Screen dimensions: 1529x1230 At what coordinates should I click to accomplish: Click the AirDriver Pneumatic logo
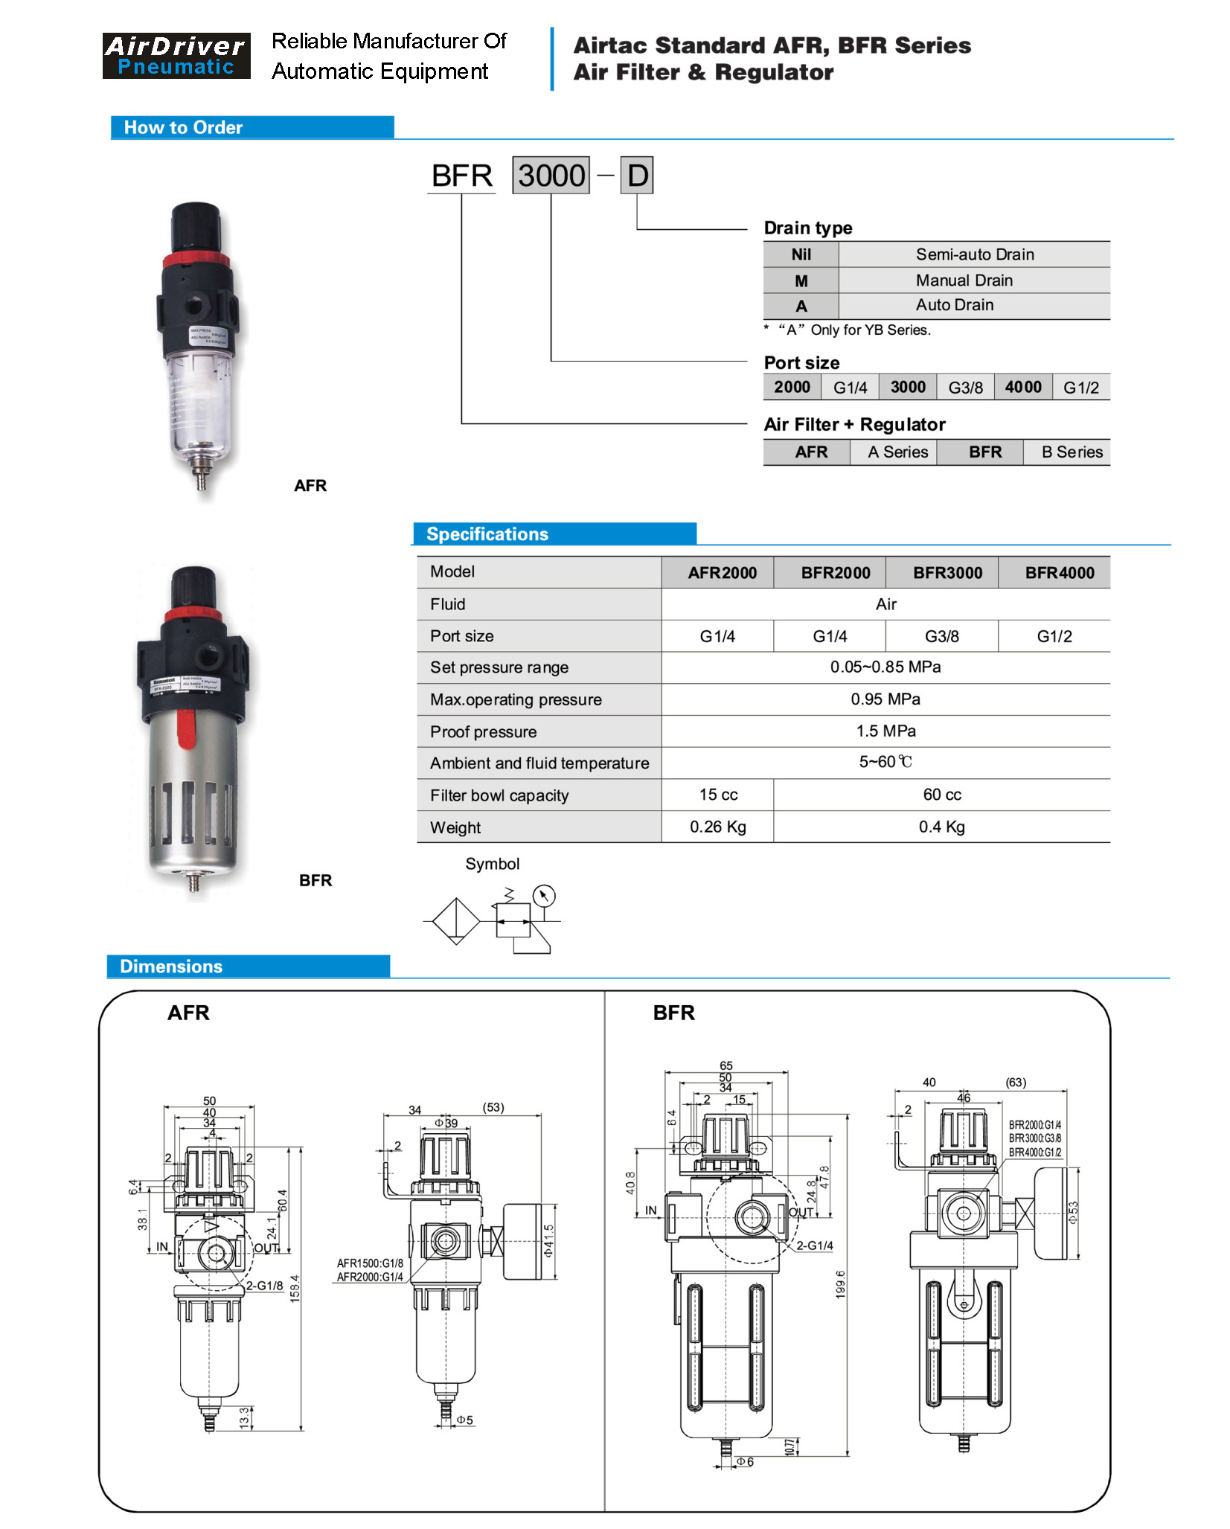pyautogui.click(x=176, y=56)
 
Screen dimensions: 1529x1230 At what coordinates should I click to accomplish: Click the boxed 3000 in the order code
pyautogui.click(x=551, y=176)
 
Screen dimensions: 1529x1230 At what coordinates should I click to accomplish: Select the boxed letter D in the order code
pyautogui.click(x=637, y=176)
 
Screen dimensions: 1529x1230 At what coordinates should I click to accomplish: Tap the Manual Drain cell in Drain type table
pyautogui.click(x=964, y=281)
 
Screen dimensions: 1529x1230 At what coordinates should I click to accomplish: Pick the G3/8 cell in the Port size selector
pyautogui.click(x=965, y=388)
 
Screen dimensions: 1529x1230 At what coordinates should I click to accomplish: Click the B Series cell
pyautogui.click(x=1072, y=452)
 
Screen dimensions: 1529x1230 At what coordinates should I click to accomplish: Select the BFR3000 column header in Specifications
pyautogui.click(x=947, y=573)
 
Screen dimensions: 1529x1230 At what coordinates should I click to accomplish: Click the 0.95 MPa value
pyautogui.click(x=885, y=699)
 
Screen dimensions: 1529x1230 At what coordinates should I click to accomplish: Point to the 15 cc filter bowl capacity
pyautogui.click(x=718, y=795)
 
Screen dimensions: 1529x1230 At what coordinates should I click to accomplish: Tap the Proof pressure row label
pyautogui.click(x=483, y=731)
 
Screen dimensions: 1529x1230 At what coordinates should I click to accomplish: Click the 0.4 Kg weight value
pyautogui.click(x=941, y=827)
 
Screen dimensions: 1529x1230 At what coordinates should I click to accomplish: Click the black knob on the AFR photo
pyautogui.click(x=196, y=226)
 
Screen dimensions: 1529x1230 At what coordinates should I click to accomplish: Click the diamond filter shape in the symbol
pyautogui.click(x=455, y=921)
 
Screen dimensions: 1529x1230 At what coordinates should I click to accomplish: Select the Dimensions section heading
pyautogui.click(x=171, y=966)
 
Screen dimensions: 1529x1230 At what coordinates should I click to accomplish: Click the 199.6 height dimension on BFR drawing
pyautogui.click(x=840, y=1284)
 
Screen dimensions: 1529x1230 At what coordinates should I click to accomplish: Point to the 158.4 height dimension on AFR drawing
pyautogui.click(x=295, y=1288)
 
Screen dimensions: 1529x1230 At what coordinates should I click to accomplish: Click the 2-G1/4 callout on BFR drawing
pyautogui.click(x=814, y=1246)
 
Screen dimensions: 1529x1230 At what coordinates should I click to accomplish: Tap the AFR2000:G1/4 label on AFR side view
pyautogui.click(x=370, y=1277)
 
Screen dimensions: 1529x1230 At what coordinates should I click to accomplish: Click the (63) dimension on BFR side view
pyautogui.click(x=1015, y=1083)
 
